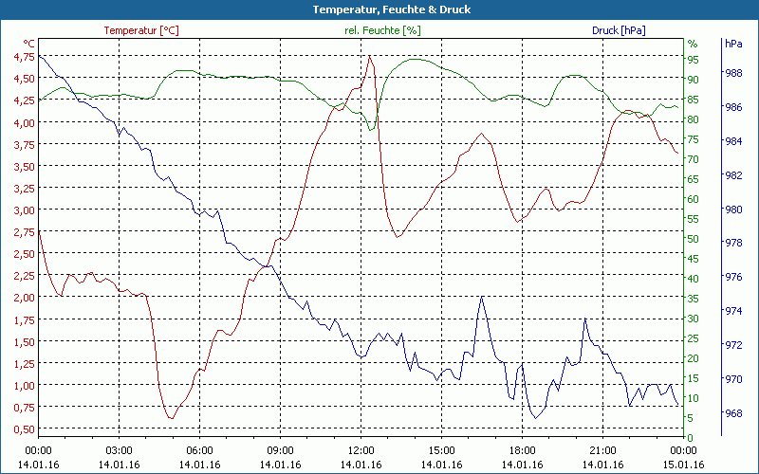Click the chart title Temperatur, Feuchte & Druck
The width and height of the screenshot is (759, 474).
[379, 9]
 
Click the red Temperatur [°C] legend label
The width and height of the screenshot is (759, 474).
[140, 30]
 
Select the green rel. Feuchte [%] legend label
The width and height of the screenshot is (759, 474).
[382, 30]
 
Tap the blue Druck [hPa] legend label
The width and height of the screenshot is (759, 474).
[619, 30]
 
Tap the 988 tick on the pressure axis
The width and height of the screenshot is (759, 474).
[732, 73]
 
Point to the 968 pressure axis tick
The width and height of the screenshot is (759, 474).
[732, 413]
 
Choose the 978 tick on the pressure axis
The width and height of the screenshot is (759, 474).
[732, 244]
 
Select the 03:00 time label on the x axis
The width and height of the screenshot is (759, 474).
[120, 450]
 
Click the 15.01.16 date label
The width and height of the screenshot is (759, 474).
[684, 465]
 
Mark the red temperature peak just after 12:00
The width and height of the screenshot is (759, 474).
[370, 56]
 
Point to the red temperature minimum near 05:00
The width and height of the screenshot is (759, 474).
[171, 418]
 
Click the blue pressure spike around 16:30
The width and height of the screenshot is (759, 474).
[482, 297]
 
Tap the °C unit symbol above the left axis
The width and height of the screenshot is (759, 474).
[29, 44]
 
